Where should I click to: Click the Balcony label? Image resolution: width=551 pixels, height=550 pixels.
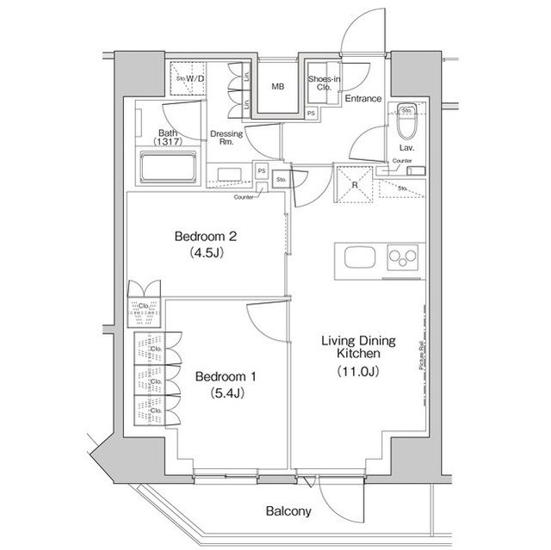(288, 511)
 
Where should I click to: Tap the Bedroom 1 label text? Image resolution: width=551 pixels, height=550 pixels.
(226, 377)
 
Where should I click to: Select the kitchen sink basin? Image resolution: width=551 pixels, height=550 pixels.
(357, 257)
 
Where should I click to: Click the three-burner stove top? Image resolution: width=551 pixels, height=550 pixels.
(402, 257)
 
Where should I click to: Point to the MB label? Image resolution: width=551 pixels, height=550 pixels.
(278, 87)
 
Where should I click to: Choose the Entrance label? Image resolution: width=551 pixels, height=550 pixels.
(362, 99)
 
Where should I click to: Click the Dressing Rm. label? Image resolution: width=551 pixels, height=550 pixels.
(226, 138)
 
